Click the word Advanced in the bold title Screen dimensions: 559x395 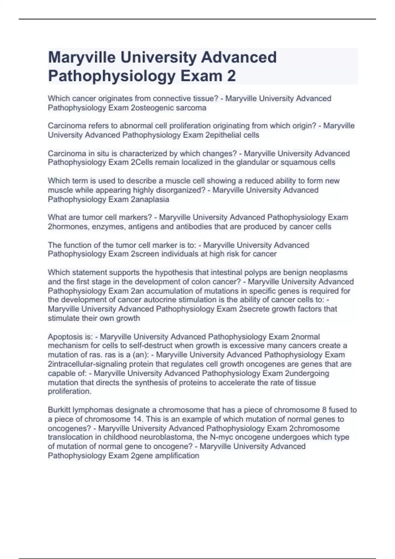coord(239,57)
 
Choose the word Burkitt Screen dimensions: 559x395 coord(59,410)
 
